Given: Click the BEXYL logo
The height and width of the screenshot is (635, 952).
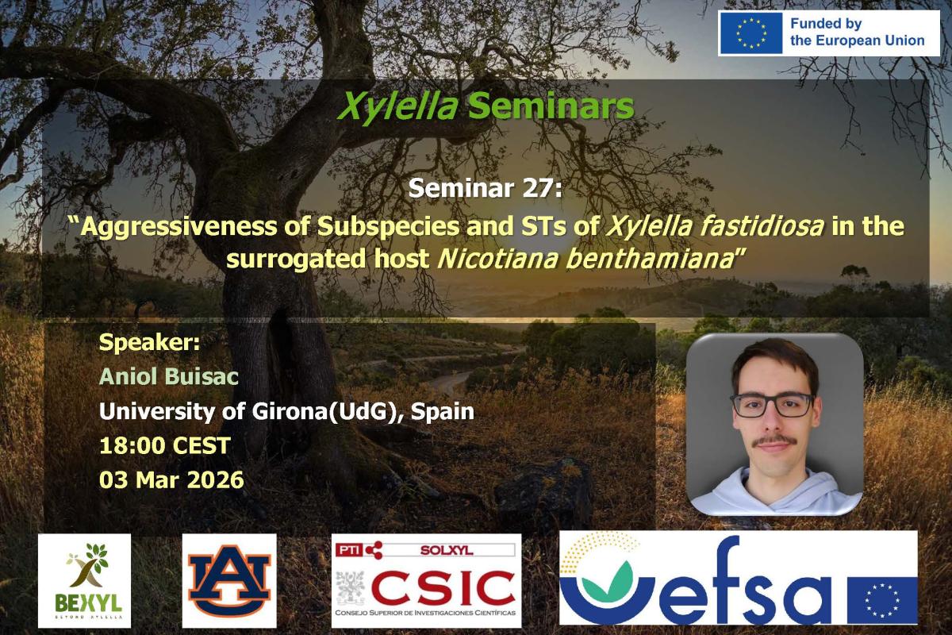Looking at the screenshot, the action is click(85, 580).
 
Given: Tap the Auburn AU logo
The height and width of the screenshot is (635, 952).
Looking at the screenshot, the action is click(229, 580).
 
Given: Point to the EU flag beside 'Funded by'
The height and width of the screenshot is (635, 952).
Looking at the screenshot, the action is click(751, 33).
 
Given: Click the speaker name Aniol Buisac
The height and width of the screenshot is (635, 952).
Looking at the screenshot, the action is click(169, 376).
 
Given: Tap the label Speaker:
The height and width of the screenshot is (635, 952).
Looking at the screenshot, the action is click(149, 342).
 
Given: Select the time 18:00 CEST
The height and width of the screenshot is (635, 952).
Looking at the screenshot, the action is click(165, 446).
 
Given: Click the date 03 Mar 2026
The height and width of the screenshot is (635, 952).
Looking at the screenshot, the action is click(171, 480).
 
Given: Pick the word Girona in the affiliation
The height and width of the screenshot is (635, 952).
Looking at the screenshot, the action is click(290, 411).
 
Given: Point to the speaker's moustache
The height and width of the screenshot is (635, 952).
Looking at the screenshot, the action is click(774, 441).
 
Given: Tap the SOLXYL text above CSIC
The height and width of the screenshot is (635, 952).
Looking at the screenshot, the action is click(447, 550).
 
